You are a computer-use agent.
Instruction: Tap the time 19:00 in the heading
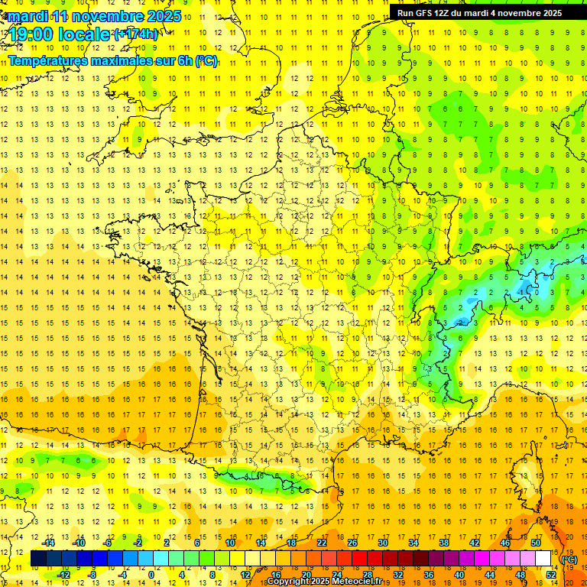click(x=31, y=35)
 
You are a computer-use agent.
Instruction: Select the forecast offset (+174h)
click(x=135, y=34)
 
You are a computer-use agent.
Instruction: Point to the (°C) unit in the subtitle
click(x=206, y=61)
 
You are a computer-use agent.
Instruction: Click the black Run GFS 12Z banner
click(x=479, y=12)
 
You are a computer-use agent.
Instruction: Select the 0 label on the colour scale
click(x=151, y=575)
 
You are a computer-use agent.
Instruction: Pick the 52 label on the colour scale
click(x=550, y=575)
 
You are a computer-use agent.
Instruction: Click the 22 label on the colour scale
click(x=322, y=543)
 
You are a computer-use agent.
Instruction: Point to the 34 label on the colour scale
click(x=413, y=543)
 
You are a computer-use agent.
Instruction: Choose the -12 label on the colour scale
click(x=64, y=575)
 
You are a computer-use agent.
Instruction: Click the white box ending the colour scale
click(x=543, y=559)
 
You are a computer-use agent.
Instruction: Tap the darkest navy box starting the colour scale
click(x=38, y=559)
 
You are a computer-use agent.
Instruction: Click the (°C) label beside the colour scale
click(x=569, y=559)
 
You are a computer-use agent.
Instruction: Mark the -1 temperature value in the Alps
click(x=523, y=291)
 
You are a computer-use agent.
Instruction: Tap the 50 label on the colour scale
click(x=535, y=543)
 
